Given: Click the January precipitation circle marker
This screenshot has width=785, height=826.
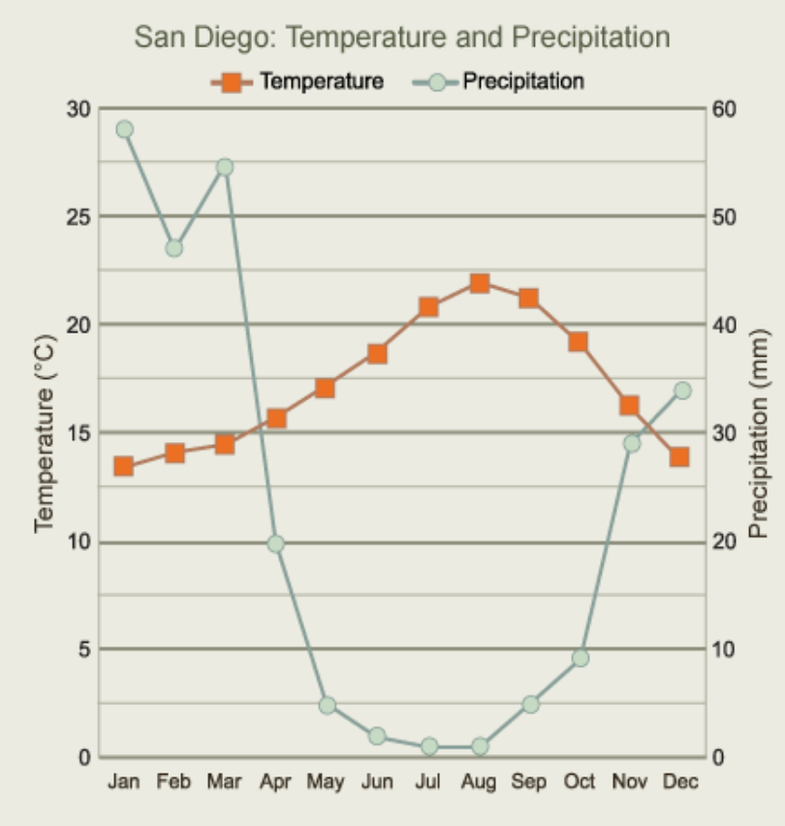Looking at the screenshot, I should click(124, 129).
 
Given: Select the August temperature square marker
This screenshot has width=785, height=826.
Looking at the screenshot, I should click(479, 283).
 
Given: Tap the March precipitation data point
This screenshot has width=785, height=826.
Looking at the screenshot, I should click(225, 167).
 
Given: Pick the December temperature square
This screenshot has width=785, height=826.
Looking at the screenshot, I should click(679, 457).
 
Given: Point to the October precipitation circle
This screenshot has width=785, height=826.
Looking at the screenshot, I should click(580, 657).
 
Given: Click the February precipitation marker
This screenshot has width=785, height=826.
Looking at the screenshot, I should click(174, 247).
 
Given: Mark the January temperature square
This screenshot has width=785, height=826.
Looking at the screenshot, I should click(124, 466).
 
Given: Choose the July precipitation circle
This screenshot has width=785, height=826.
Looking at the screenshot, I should click(428, 746).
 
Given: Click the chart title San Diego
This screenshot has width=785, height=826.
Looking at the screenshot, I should click(401, 38).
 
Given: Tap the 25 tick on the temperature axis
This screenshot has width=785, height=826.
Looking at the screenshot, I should click(78, 216).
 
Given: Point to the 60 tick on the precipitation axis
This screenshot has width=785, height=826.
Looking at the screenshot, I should click(726, 108).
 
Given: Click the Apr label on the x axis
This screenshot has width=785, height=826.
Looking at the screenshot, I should click(276, 781).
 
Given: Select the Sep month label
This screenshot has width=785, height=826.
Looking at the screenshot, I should click(529, 781).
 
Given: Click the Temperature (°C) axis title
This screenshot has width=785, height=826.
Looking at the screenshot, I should click(43, 432).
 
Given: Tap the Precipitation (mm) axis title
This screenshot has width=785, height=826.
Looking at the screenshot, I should click(758, 432).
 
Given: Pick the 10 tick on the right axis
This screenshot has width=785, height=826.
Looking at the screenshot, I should click(726, 649).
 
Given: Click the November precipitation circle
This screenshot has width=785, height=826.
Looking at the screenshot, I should click(631, 443).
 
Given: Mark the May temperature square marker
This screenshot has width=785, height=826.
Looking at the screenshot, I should click(325, 389).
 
